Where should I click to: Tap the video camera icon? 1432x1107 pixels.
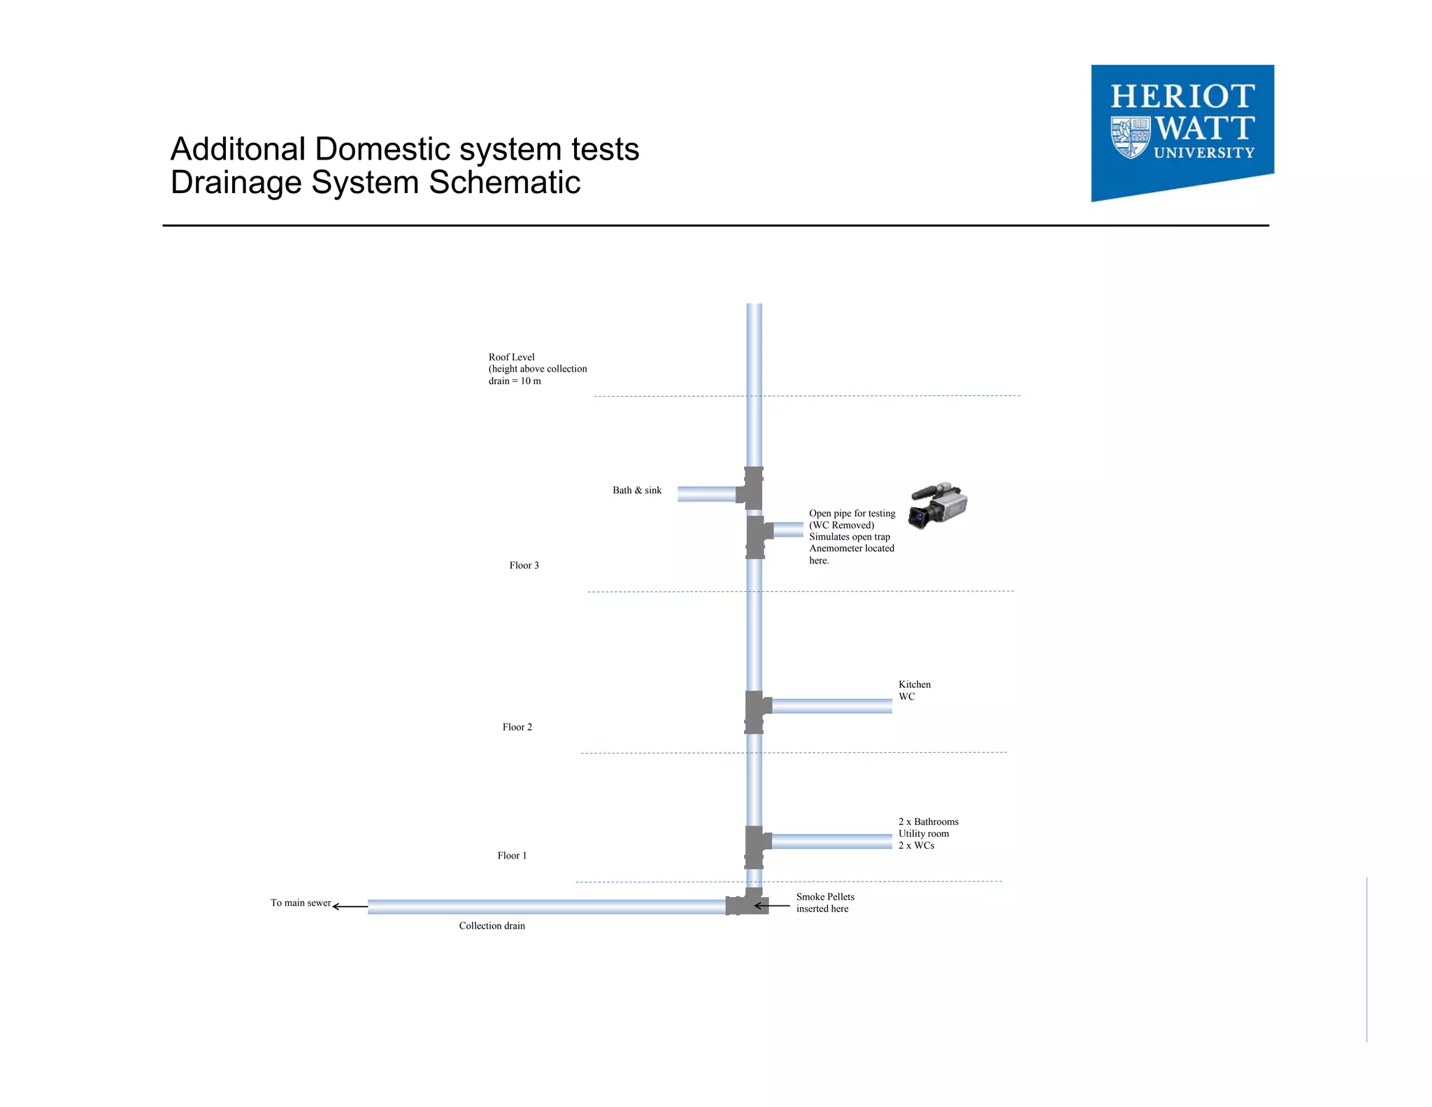[937, 505]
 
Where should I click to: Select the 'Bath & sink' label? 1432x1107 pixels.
[636, 491]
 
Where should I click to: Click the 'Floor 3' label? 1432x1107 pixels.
[524, 565]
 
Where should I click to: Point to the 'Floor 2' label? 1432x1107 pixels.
[517, 727]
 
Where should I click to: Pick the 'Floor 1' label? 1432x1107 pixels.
[512, 856]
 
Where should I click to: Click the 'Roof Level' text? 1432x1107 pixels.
[511, 357]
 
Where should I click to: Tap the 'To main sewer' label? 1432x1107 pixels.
[301, 903]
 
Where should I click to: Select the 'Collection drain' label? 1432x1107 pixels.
[492, 926]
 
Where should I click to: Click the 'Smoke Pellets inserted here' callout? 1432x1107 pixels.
[824, 903]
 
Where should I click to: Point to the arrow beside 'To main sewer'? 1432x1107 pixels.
[350, 906]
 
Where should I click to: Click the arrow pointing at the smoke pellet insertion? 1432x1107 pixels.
[772, 905]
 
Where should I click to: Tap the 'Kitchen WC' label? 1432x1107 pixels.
[914, 690]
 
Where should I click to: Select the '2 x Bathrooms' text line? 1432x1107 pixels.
[928, 822]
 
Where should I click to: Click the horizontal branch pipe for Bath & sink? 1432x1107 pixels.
[706, 494]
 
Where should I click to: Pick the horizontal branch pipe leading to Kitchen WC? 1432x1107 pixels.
[831, 706]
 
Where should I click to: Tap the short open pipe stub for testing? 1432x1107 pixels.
[788, 530]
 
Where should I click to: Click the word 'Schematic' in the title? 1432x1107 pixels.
[504, 183]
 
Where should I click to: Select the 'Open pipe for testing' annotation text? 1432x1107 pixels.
[852, 514]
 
